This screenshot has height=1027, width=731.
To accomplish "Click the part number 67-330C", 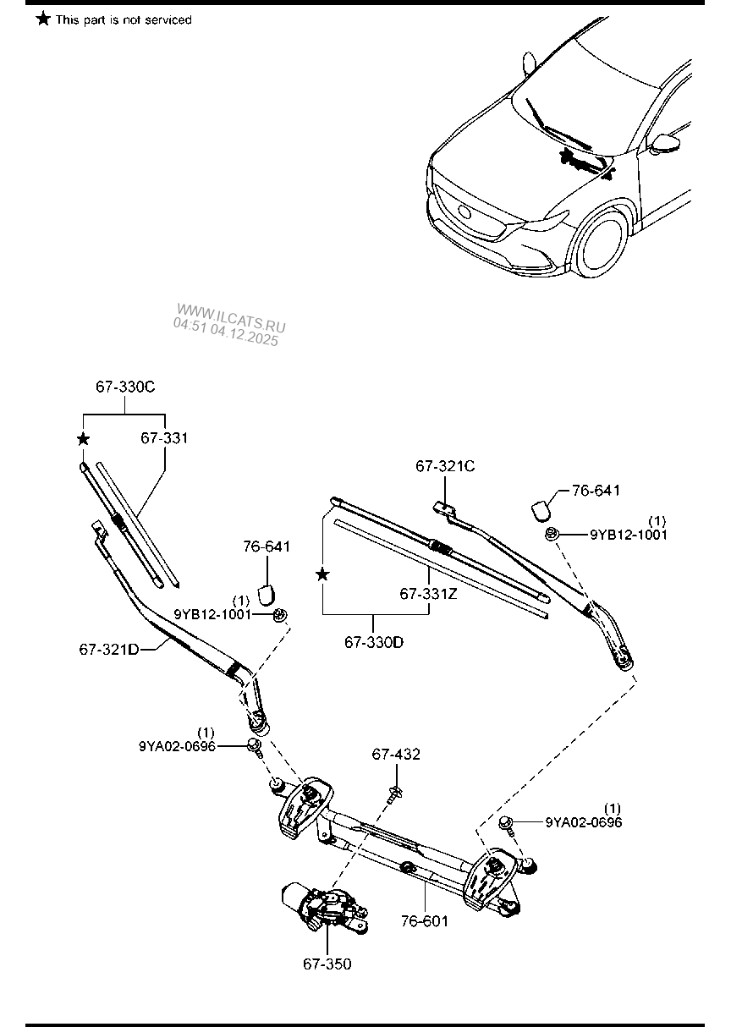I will tap(125, 387).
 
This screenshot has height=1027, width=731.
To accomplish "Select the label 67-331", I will tap(164, 438).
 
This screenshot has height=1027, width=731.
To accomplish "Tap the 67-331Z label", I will tap(429, 594).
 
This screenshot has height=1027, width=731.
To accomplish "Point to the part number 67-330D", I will tap(374, 642).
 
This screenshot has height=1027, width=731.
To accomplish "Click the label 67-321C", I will tap(445, 466).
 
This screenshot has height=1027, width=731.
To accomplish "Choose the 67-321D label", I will tap(109, 649).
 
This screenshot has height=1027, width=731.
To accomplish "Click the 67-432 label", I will tap(397, 755).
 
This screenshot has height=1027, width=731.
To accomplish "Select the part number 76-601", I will tap(425, 920).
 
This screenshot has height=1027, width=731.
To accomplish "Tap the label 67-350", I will tap(327, 964).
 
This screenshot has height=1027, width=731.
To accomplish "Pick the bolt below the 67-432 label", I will tap(394, 793).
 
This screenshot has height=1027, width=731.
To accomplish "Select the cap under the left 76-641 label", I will tap(267, 590).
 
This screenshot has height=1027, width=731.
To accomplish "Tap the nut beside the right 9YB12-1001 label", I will tap(552, 534).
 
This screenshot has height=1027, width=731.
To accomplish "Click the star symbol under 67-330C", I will tap(83, 439).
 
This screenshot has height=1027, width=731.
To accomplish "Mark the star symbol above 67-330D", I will tap(322, 575).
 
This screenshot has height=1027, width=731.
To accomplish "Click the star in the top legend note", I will tap(43, 19).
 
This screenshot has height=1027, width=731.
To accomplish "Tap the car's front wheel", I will tap(602, 245).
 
